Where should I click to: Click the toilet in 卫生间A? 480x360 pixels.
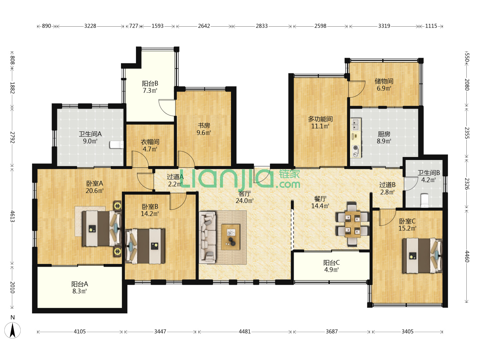[x=117, y=144]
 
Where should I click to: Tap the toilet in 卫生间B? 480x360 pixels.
[x=425, y=200]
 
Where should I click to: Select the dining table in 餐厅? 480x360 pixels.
[x=353, y=224]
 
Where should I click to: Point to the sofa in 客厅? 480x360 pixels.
[x=208, y=237]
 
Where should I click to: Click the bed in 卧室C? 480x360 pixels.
[x=422, y=256]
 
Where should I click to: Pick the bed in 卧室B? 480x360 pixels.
[x=145, y=246]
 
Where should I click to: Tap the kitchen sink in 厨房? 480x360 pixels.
[x=356, y=124]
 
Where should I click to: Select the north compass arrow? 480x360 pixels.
[x=13, y=330]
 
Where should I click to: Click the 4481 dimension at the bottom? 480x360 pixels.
[x=244, y=332]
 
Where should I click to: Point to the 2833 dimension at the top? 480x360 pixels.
[x=262, y=26]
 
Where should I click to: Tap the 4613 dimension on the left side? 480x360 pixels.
[x=12, y=216]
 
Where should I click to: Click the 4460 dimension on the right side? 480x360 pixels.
[x=467, y=256]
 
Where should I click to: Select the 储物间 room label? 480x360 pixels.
[x=384, y=81]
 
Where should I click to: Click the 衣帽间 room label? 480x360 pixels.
[x=150, y=142]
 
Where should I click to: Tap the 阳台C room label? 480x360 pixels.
[x=332, y=263]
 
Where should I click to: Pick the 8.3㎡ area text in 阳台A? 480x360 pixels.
[x=80, y=291]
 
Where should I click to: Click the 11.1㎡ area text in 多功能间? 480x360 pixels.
[x=320, y=126]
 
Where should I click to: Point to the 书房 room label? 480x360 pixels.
[x=204, y=125]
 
